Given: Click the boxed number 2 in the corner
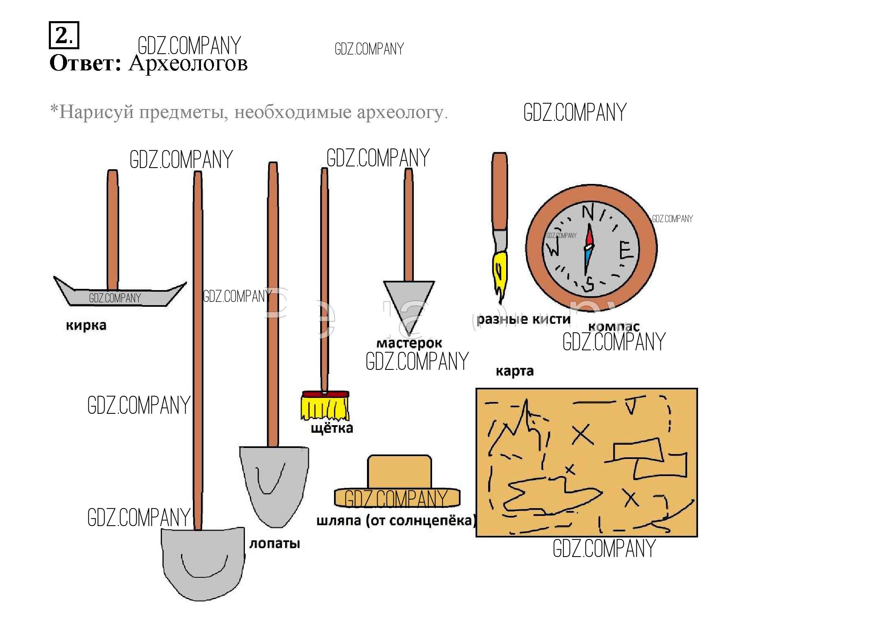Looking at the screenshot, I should click(x=63, y=35).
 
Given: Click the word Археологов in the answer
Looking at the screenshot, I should click(x=188, y=63).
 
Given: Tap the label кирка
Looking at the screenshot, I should click(x=86, y=325).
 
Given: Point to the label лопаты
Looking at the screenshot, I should click(x=275, y=544).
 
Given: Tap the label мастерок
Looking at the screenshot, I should click(x=409, y=343).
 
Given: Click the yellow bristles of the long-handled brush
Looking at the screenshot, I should click(x=325, y=408).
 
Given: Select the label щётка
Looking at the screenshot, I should click(x=332, y=428).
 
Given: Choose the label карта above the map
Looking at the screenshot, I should click(x=514, y=371).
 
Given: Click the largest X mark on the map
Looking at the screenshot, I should click(x=583, y=435).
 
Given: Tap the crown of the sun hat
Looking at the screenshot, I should click(x=399, y=471).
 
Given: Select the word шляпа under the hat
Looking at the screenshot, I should click(x=338, y=520).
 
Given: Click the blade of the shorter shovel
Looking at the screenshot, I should click(x=273, y=484).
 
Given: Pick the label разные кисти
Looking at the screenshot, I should click(x=523, y=319).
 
